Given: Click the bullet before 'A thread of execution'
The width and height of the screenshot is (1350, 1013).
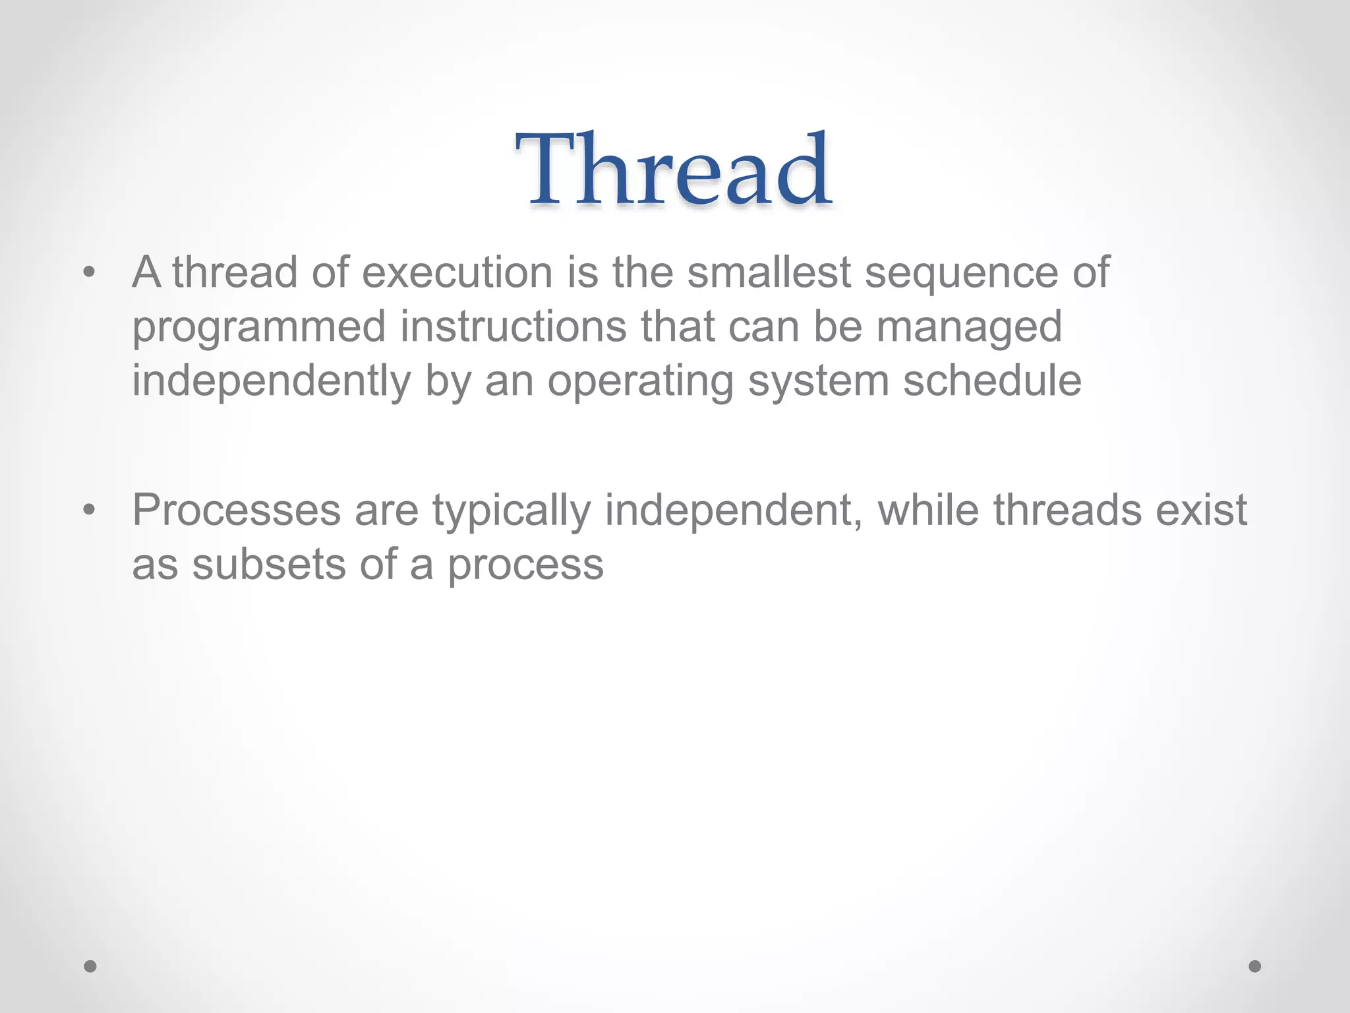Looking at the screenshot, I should click(90, 272).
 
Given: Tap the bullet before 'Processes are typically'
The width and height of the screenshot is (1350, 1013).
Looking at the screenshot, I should click(90, 510).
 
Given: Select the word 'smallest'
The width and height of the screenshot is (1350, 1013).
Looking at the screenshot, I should click(769, 272).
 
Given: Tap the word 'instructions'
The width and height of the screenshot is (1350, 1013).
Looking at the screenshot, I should click(513, 326).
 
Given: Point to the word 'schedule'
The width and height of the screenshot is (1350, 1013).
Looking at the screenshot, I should click(991, 381).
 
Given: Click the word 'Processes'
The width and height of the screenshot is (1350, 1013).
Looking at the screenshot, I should click(237, 510).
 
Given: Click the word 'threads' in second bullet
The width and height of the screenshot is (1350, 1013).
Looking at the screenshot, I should click(1067, 510).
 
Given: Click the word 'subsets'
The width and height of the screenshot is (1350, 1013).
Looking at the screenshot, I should click(269, 565).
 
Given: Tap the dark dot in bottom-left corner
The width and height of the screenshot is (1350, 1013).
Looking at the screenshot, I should click(90, 966).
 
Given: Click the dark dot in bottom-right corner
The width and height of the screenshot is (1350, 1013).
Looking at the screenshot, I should click(1255, 966).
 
